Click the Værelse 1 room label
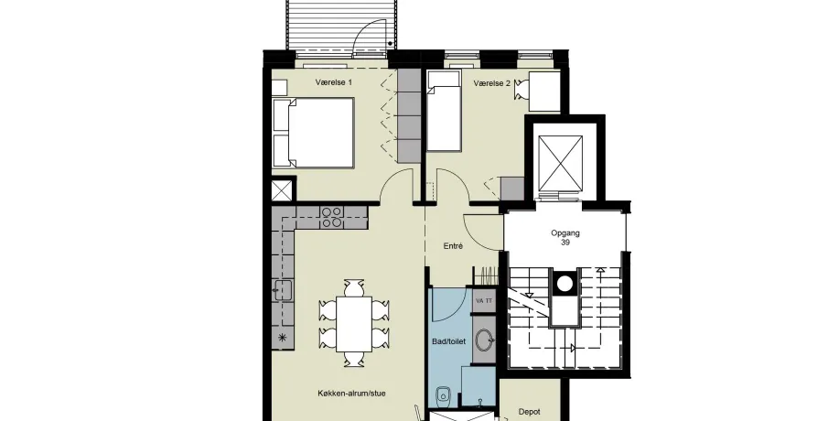334,82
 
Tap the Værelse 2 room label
492,83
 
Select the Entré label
453,246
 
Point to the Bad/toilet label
449,341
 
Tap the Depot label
529,412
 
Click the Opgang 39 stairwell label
565,238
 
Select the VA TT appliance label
484,301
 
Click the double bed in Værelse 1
313,132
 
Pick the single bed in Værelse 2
443,111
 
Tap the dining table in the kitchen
354,324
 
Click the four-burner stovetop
331,218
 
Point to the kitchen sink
282,290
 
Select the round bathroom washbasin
484,340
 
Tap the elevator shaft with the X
560,163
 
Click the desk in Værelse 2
543,92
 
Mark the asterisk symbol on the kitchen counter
283,338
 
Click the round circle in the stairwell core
565,284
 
